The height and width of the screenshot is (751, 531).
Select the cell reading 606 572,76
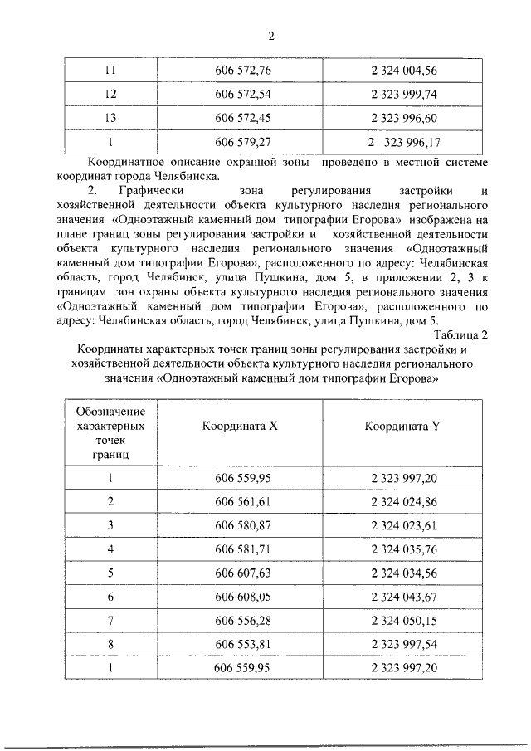243,71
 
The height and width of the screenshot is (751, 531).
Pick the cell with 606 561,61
243,502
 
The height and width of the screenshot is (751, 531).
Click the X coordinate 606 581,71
243,549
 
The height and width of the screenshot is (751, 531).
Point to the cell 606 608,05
243,596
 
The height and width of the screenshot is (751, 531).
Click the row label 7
110,619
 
